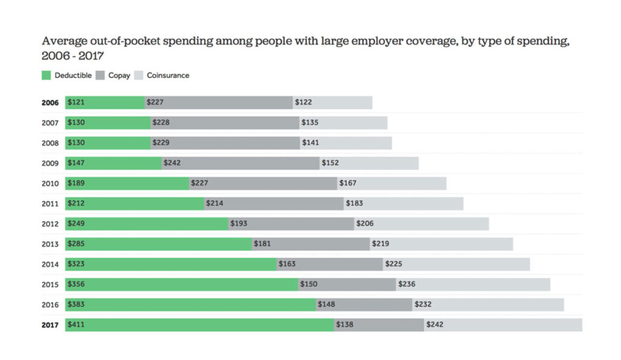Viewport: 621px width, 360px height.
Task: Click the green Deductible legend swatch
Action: [x=47, y=76]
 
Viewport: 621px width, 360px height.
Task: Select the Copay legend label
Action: [x=119, y=76]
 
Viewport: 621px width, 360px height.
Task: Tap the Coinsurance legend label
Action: [x=168, y=76]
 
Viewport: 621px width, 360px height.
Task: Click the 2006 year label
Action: [x=50, y=103]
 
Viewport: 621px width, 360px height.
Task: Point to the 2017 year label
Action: [x=50, y=325]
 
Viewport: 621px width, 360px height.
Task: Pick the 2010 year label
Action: [x=50, y=184]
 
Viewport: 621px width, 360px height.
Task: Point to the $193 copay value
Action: [x=239, y=224]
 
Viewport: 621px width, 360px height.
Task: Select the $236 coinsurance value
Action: [x=406, y=284]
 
